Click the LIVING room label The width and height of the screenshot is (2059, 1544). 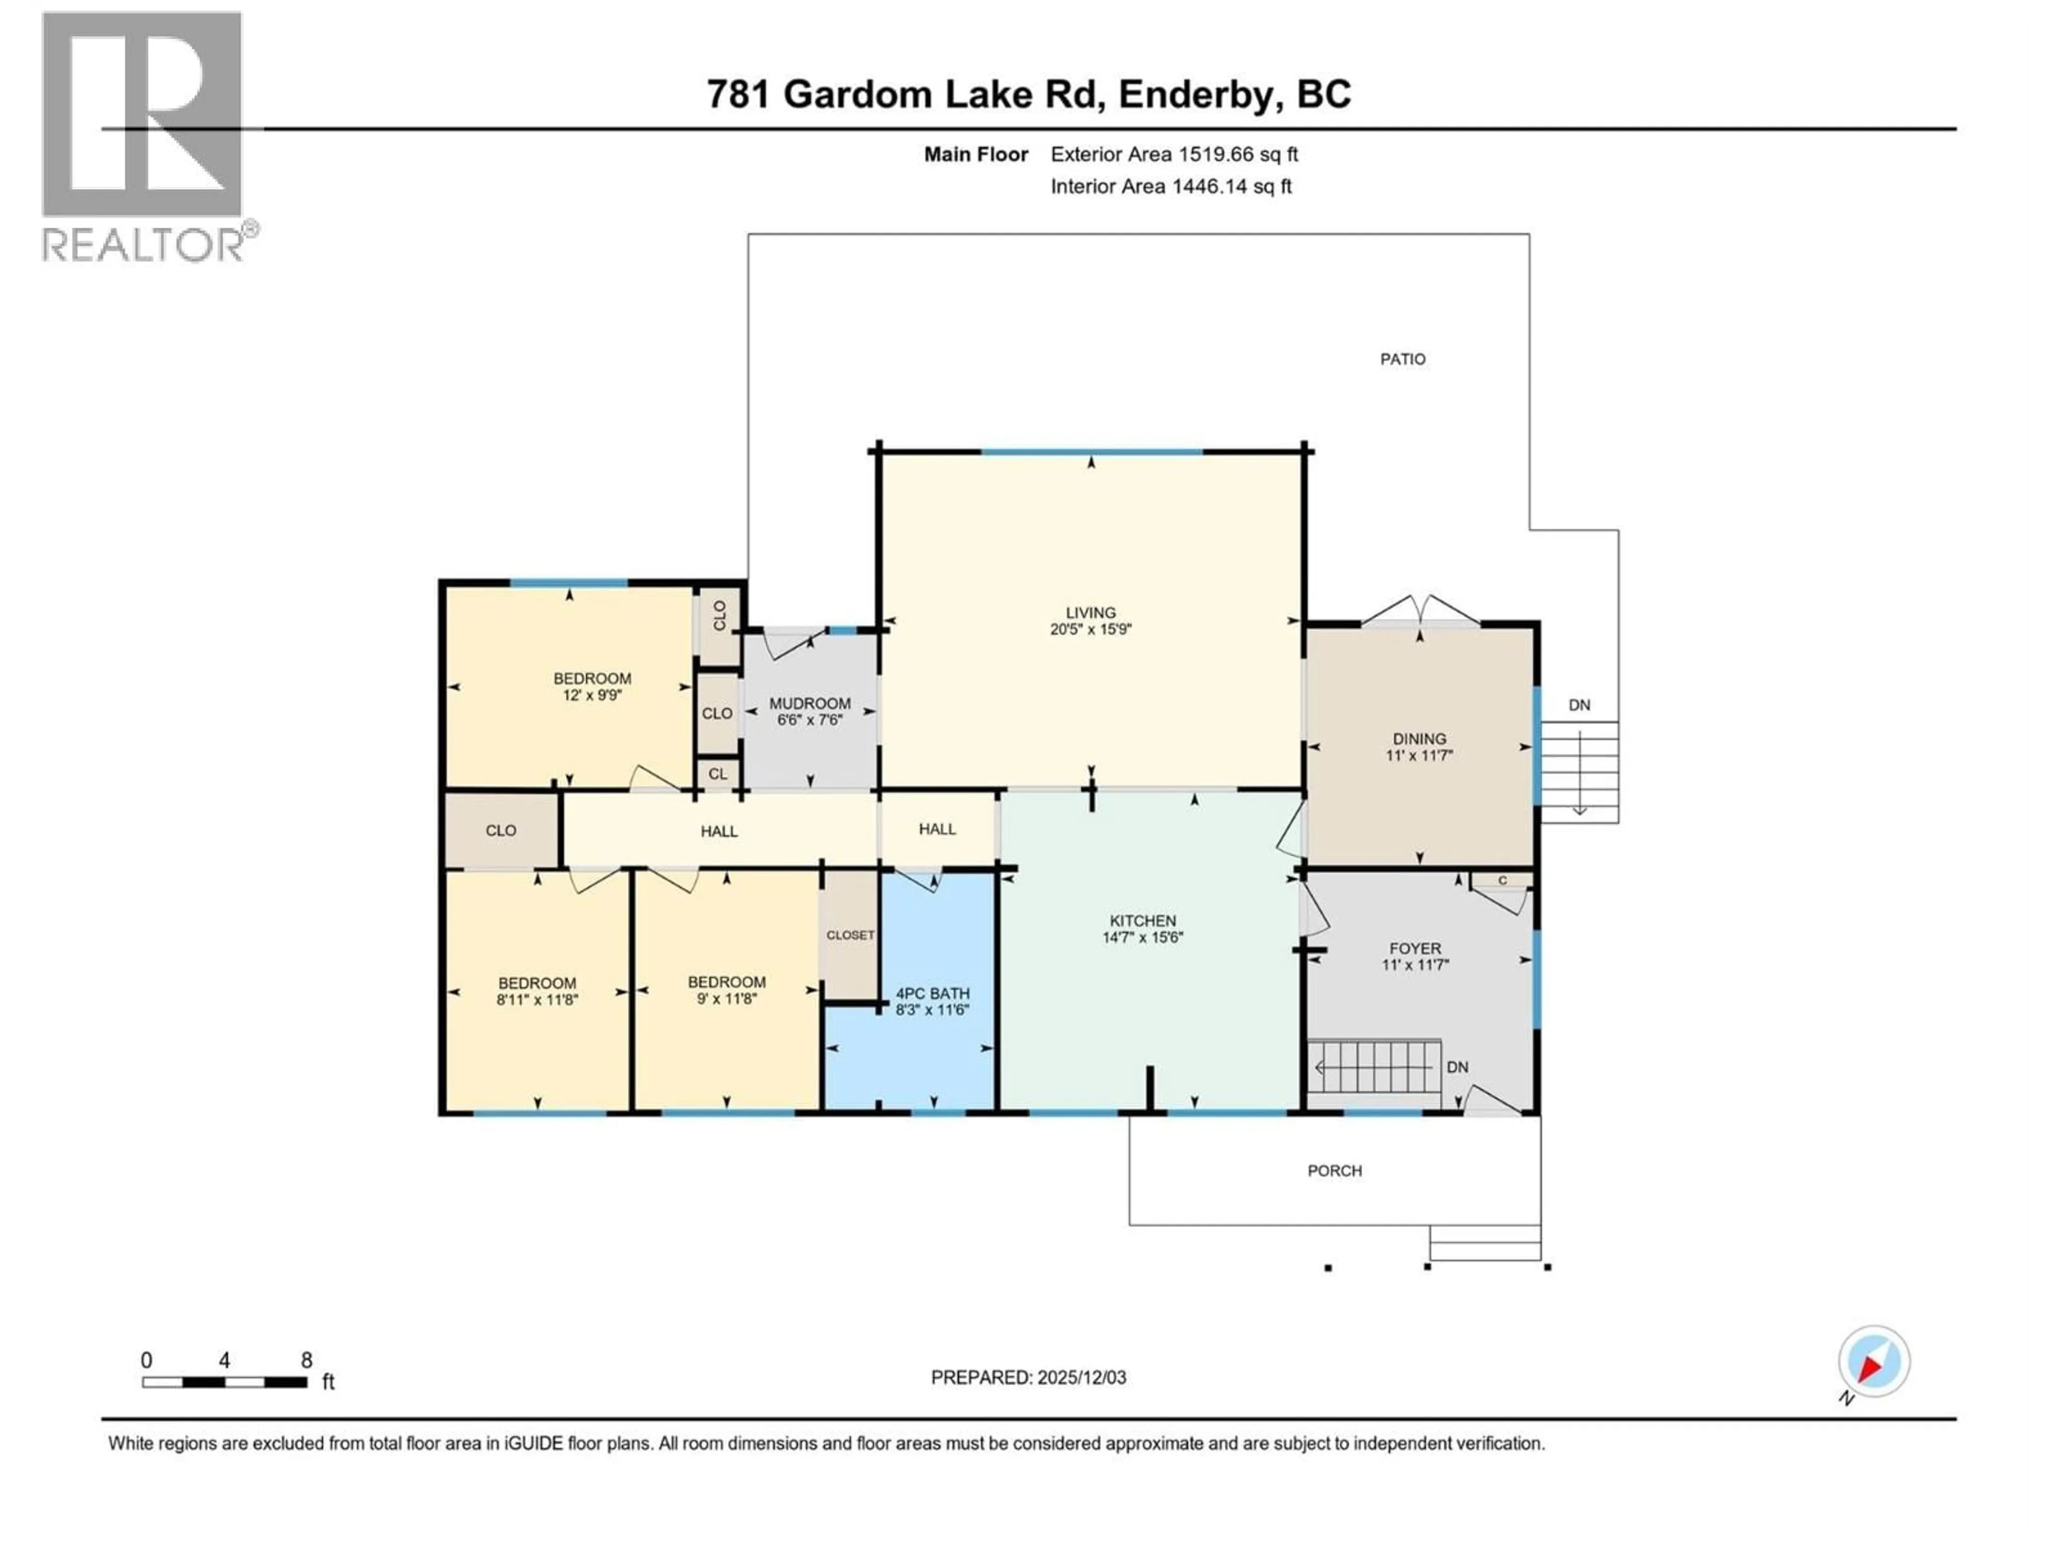(x=1090, y=612)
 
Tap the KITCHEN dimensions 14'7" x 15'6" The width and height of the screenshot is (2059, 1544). (x=1142, y=937)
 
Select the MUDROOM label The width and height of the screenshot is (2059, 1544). (x=809, y=703)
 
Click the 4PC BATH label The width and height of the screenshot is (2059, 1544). (x=932, y=993)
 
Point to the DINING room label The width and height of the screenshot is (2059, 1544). (x=1419, y=739)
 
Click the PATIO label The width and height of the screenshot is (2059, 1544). (x=1402, y=359)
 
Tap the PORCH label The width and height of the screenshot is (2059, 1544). (x=1334, y=1171)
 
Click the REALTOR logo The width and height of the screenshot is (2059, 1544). (x=144, y=135)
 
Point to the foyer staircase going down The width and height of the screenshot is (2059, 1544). (x=1374, y=1066)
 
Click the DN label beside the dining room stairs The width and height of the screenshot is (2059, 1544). (x=1579, y=706)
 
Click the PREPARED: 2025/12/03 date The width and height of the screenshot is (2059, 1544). (x=1028, y=1377)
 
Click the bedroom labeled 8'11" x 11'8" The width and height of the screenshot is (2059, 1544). (x=537, y=991)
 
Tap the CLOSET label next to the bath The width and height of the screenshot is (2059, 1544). (x=850, y=934)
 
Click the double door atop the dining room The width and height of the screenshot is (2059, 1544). (x=1419, y=612)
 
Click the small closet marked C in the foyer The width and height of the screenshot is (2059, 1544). (x=1501, y=880)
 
